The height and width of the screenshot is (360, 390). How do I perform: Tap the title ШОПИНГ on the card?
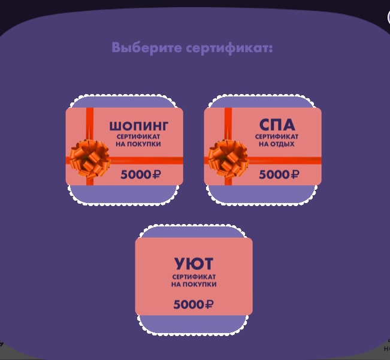pyautogui.click(x=138, y=126)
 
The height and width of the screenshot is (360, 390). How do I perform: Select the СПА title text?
pyautogui.click(x=277, y=125)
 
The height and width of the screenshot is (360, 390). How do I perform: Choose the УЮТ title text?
pyautogui.click(x=194, y=264)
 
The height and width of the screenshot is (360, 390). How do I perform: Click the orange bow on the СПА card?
pyautogui.click(x=228, y=158)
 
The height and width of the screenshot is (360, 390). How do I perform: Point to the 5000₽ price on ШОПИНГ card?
pyautogui.click(x=141, y=174)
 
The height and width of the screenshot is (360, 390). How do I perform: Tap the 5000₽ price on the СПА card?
pyautogui.click(x=279, y=174)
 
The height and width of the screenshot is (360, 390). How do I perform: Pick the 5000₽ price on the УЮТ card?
pyautogui.click(x=194, y=304)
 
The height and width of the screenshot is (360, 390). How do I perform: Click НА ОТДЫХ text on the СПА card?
pyautogui.click(x=277, y=144)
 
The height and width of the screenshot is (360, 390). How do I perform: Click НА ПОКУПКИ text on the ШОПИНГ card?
pyautogui.click(x=138, y=144)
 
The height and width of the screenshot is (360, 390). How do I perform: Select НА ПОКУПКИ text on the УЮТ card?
pyautogui.click(x=194, y=284)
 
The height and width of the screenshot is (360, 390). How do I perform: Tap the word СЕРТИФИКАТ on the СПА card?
pyautogui.click(x=277, y=137)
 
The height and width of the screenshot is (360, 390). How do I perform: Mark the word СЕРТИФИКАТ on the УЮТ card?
pyautogui.click(x=194, y=277)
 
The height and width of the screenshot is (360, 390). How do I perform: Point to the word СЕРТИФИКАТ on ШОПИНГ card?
pyautogui.click(x=138, y=137)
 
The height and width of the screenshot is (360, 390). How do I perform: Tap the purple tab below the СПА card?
pyautogui.click(x=262, y=193)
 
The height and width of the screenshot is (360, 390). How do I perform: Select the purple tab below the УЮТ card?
pyautogui.click(x=194, y=324)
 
